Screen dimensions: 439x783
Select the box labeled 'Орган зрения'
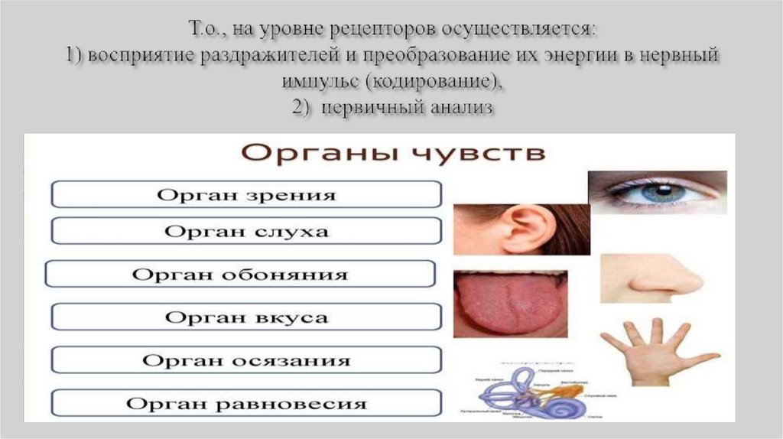pos(246,194)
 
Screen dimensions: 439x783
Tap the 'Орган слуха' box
pos(246,230)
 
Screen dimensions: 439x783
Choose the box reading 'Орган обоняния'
pos(240,274)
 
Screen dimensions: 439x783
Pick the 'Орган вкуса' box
pos(246,317)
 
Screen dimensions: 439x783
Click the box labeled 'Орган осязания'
pos(246,359)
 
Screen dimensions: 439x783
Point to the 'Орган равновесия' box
pos(246,402)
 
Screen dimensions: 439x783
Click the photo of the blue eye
pos(657,192)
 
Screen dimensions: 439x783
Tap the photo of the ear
pos(521,228)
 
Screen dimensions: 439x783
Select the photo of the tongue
pos(510,304)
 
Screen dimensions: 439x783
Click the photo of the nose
pos(651,280)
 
